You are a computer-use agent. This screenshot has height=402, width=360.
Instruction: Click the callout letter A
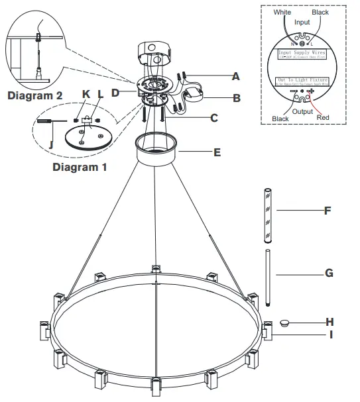(235, 76)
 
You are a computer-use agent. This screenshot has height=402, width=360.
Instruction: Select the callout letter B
(235, 98)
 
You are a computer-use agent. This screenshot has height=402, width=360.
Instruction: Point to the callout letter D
(115, 92)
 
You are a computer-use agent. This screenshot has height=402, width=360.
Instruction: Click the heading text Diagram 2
(34, 95)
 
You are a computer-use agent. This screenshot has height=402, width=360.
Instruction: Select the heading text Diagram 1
(80, 167)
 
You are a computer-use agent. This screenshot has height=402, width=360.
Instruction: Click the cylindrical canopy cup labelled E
(157, 150)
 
